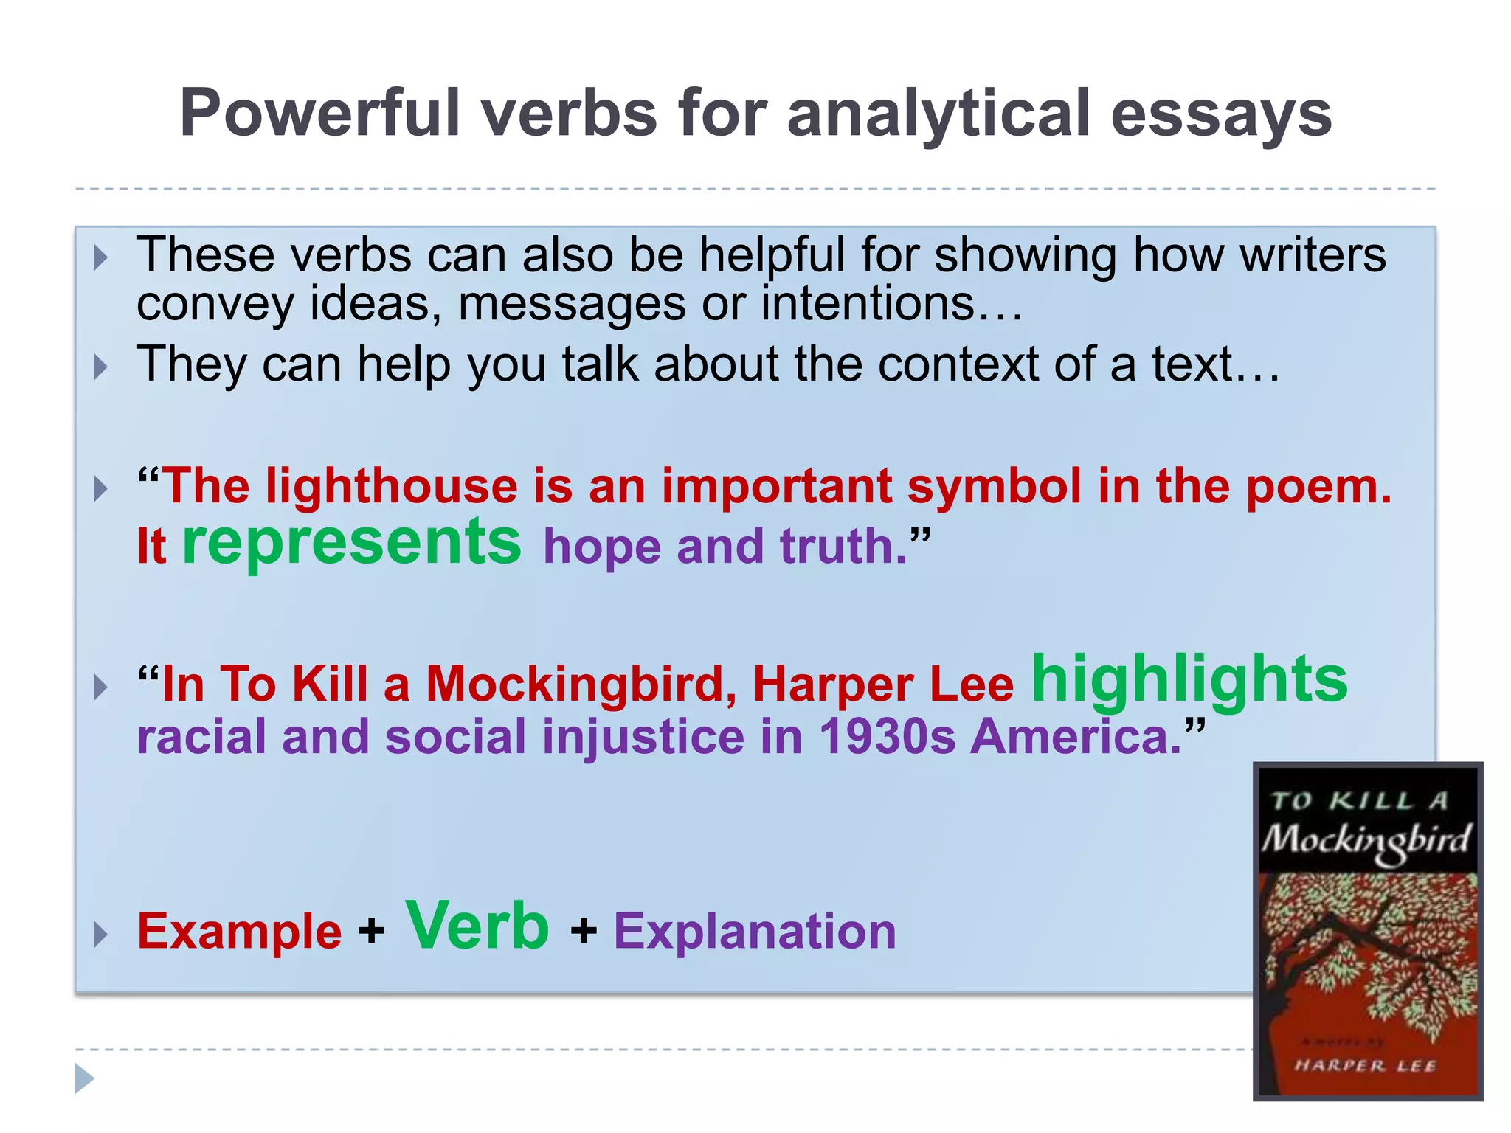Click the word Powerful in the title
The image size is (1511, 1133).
click(x=321, y=113)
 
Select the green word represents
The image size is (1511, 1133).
click(x=351, y=542)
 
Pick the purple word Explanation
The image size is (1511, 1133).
click(x=755, y=931)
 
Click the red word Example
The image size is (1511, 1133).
click(x=239, y=931)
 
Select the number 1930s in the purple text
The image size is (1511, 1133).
click(x=887, y=737)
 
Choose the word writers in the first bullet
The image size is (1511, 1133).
click(x=1313, y=255)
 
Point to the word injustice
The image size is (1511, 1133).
click(x=643, y=738)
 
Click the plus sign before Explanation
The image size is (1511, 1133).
click(x=583, y=931)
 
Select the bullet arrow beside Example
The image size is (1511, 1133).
click(x=101, y=935)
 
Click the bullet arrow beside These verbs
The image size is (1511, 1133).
click(x=101, y=258)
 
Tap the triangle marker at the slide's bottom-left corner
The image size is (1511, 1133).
click(x=85, y=1079)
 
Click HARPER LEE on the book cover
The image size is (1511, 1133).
click(x=1365, y=1065)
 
